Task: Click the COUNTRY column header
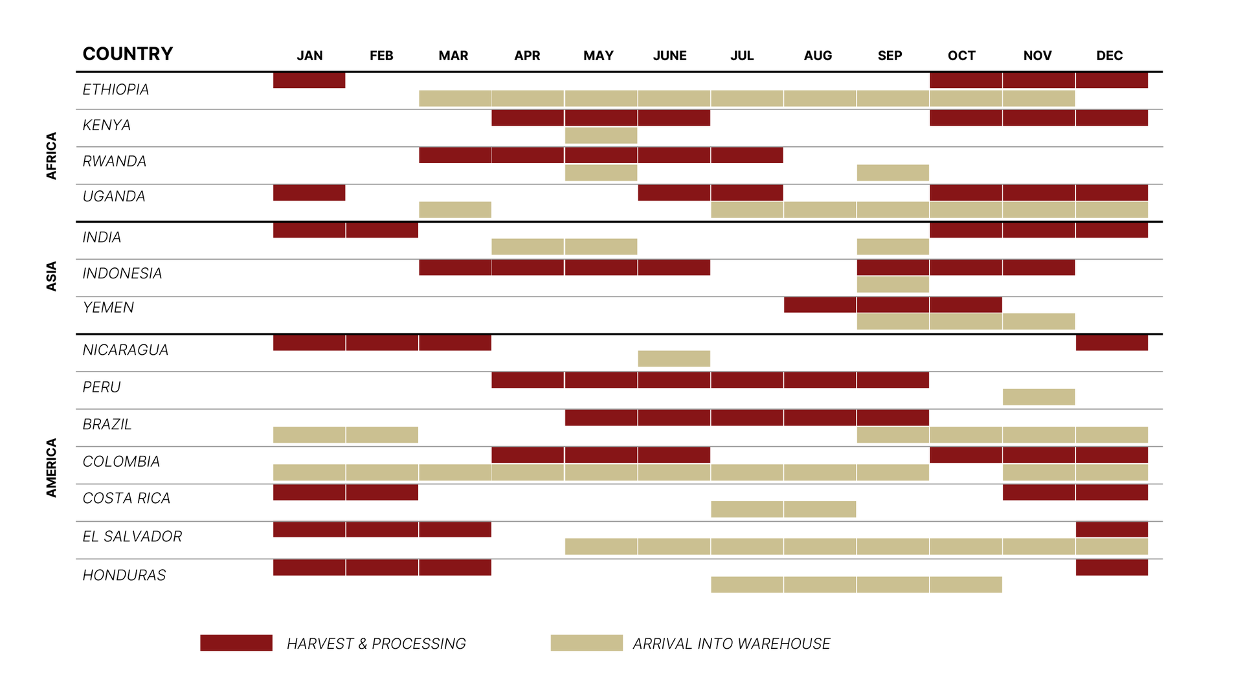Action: [128, 54]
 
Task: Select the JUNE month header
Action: [669, 56]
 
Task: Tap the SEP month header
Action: [890, 56]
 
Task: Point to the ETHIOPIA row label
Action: [116, 89]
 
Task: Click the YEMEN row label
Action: [108, 308]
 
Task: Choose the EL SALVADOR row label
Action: [132, 536]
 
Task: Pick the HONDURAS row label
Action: [124, 575]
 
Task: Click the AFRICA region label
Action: [52, 155]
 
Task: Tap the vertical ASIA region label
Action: [52, 276]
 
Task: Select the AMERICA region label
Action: [52, 467]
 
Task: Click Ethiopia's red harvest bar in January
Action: [309, 80]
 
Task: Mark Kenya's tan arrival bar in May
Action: [601, 135]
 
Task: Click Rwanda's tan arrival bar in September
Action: [893, 173]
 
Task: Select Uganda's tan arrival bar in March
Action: [454, 210]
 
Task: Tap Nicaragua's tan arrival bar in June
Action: [674, 359]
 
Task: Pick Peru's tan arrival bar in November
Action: [1038, 397]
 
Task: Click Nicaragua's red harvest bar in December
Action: [1112, 342]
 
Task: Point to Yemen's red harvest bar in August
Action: [820, 304]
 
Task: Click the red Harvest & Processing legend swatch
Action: [236, 643]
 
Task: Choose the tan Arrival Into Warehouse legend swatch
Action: [587, 643]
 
